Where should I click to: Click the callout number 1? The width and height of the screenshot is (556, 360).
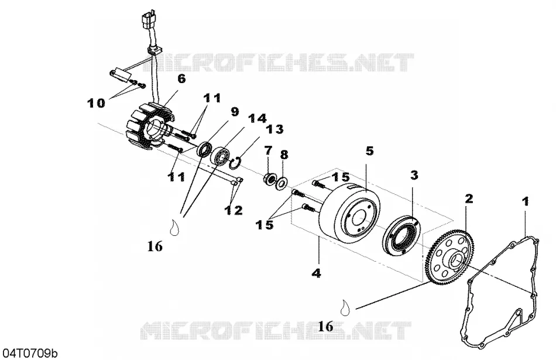click(x=526, y=201)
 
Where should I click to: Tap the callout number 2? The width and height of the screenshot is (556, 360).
click(x=469, y=198)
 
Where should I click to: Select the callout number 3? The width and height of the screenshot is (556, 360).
click(x=414, y=175)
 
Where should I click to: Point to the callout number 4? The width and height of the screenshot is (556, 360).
click(x=317, y=273)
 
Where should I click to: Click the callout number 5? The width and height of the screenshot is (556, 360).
click(x=369, y=151)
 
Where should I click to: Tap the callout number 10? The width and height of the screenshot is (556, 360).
click(x=97, y=103)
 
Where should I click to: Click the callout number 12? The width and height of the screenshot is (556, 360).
click(x=234, y=210)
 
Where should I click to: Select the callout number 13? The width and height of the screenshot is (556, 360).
click(x=275, y=129)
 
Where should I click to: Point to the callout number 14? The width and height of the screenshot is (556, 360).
click(x=257, y=119)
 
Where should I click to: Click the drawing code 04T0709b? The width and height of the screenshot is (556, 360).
click(x=30, y=353)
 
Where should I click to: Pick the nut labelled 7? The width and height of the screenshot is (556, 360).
click(x=269, y=179)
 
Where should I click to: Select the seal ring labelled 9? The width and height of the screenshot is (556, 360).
click(x=204, y=149)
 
